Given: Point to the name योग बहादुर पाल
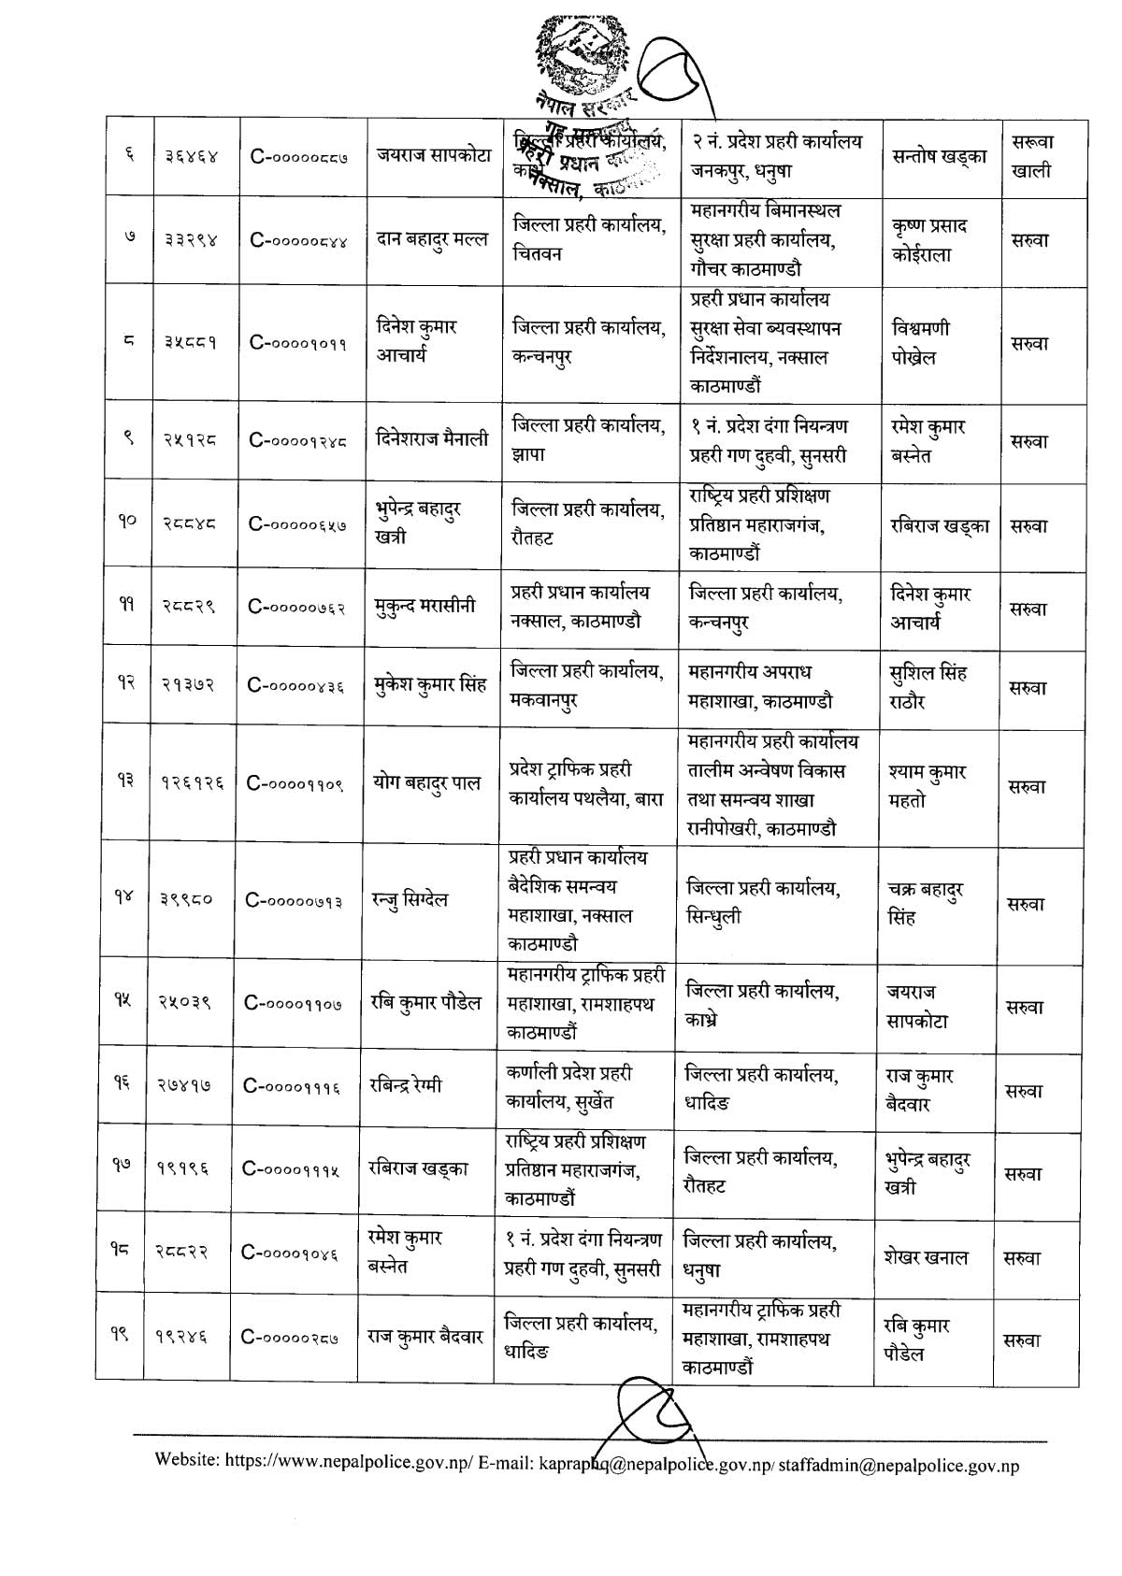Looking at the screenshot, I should [427, 782].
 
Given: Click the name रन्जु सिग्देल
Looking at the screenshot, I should [410, 899].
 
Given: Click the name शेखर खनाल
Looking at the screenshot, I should [926, 1257].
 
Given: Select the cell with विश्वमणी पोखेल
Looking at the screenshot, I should [927, 343].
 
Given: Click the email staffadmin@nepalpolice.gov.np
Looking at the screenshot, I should [899, 1465].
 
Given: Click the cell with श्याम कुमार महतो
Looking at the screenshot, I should [928, 786].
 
